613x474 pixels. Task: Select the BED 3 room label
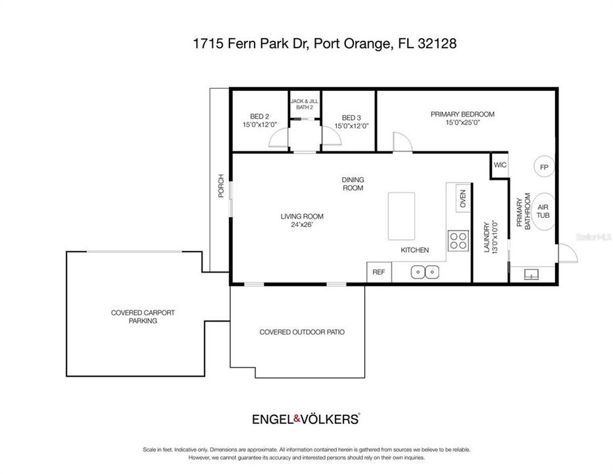pyautogui.click(x=351, y=121)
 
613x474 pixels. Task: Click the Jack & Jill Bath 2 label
pyautogui.click(x=305, y=103)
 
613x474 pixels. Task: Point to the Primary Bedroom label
pyautogui.click(x=462, y=118)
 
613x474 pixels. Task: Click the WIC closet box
pyautogui.click(x=499, y=166)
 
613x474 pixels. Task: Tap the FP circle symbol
pyautogui.click(x=544, y=167)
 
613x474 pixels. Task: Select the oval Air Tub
pyautogui.click(x=543, y=211)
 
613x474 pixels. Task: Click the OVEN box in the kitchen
pyautogui.click(x=462, y=198)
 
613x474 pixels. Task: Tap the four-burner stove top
pyautogui.click(x=458, y=240)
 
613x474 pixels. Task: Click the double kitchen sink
pyautogui.click(x=425, y=271)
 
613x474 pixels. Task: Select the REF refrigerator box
pyautogui.click(x=379, y=272)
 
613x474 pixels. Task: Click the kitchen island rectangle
pyautogui.click(x=402, y=216)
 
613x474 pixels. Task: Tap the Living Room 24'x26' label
pyautogui.click(x=302, y=220)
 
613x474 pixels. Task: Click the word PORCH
pyautogui.click(x=221, y=186)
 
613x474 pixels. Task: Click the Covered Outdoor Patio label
pyautogui.click(x=302, y=332)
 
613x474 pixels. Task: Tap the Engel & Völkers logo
pyautogui.click(x=306, y=418)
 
